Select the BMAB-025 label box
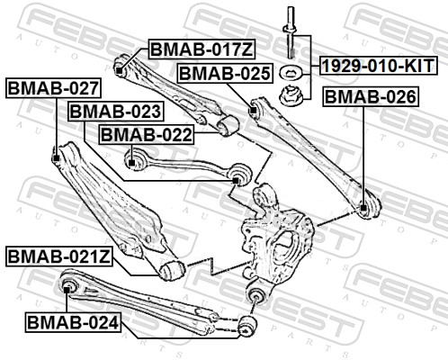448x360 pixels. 224,74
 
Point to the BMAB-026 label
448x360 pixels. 370,95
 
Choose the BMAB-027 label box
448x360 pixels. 52,88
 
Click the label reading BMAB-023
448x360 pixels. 115,112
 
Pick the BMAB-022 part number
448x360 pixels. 146,134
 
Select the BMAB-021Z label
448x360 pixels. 59,256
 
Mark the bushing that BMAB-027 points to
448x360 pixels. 58,158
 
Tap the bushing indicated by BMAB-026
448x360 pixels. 364,209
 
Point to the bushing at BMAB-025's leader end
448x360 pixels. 254,111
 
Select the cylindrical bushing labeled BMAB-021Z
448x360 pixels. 173,268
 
